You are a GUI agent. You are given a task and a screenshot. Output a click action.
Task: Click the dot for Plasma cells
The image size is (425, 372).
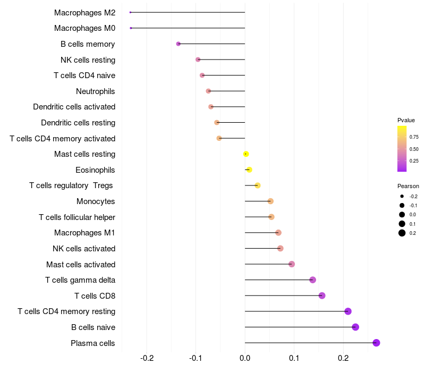click(376, 343)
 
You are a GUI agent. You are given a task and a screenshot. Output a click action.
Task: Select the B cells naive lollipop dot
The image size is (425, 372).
click(355, 327)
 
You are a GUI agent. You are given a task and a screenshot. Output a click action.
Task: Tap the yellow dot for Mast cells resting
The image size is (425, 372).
click(246, 154)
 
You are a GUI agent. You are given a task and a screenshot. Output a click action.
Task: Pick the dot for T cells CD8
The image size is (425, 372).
click(322, 295)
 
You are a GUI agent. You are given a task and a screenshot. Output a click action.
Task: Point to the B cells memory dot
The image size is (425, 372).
click(178, 44)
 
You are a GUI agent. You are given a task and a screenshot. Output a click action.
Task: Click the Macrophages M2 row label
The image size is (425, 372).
click(84, 12)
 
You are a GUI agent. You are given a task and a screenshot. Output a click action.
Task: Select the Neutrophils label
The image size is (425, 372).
click(96, 91)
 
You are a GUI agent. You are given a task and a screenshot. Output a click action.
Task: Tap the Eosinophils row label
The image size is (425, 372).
click(96, 170)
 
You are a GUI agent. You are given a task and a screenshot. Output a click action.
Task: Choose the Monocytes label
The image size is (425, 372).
click(96, 201)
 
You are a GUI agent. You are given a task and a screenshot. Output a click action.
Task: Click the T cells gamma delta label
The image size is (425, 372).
click(80, 280)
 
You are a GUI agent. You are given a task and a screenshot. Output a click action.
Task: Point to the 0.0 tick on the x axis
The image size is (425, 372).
click(245, 358)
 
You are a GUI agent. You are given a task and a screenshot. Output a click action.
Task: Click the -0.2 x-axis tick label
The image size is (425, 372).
click(147, 358)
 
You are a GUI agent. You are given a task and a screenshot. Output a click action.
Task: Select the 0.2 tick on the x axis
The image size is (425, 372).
click(343, 358)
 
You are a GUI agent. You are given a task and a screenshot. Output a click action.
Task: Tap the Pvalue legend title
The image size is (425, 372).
click(406, 120)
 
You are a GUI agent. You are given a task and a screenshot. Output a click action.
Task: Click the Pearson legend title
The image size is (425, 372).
click(408, 186)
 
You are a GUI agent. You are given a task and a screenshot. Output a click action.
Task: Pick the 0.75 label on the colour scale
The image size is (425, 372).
click(414, 137)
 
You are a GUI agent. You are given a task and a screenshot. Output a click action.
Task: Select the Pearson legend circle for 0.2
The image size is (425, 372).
click(402, 233)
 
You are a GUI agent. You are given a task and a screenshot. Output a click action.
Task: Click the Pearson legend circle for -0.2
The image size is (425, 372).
click(402, 196)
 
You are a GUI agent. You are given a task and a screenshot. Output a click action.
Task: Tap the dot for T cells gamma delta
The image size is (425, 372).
click(312, 280)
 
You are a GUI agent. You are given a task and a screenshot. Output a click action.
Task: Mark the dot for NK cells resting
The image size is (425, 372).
click(198, 60)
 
